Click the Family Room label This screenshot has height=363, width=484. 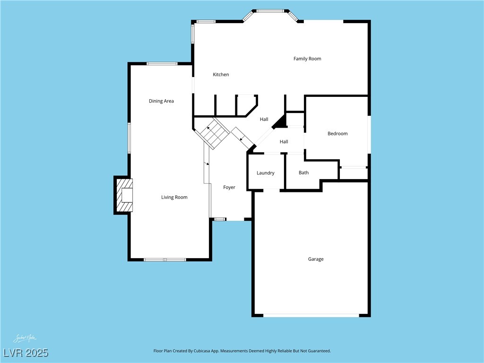click(x=307, y=59)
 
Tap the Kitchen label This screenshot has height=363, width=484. click(x=221, y=75)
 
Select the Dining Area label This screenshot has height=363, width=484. click(x=161, y=101)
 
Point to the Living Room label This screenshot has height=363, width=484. click(x=174, y=198)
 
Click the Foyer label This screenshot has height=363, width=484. click(x=229, y=188)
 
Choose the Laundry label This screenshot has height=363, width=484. click(x=265, y=173)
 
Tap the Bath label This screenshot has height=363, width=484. click(x=303, y=173)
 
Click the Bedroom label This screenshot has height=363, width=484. click(x=337, y=134)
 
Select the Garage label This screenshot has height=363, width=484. click(x=316, y=259)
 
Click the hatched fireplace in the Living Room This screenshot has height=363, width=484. click(x=124, y=195)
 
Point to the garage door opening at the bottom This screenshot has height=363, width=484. click(x=311, y=315)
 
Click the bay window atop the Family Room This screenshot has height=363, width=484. click(x=270, y=11)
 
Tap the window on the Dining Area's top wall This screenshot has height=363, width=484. click(x=162, y=64)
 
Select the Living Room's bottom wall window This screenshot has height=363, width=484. click(x=164, y=259)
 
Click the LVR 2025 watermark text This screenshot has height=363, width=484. click(x=26, y=353)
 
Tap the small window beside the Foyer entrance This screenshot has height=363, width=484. click(x=219, y=219)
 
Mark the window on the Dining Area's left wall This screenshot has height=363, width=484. click(x=129, y=138)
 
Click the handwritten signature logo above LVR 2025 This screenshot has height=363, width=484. click(x=25, y=338)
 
